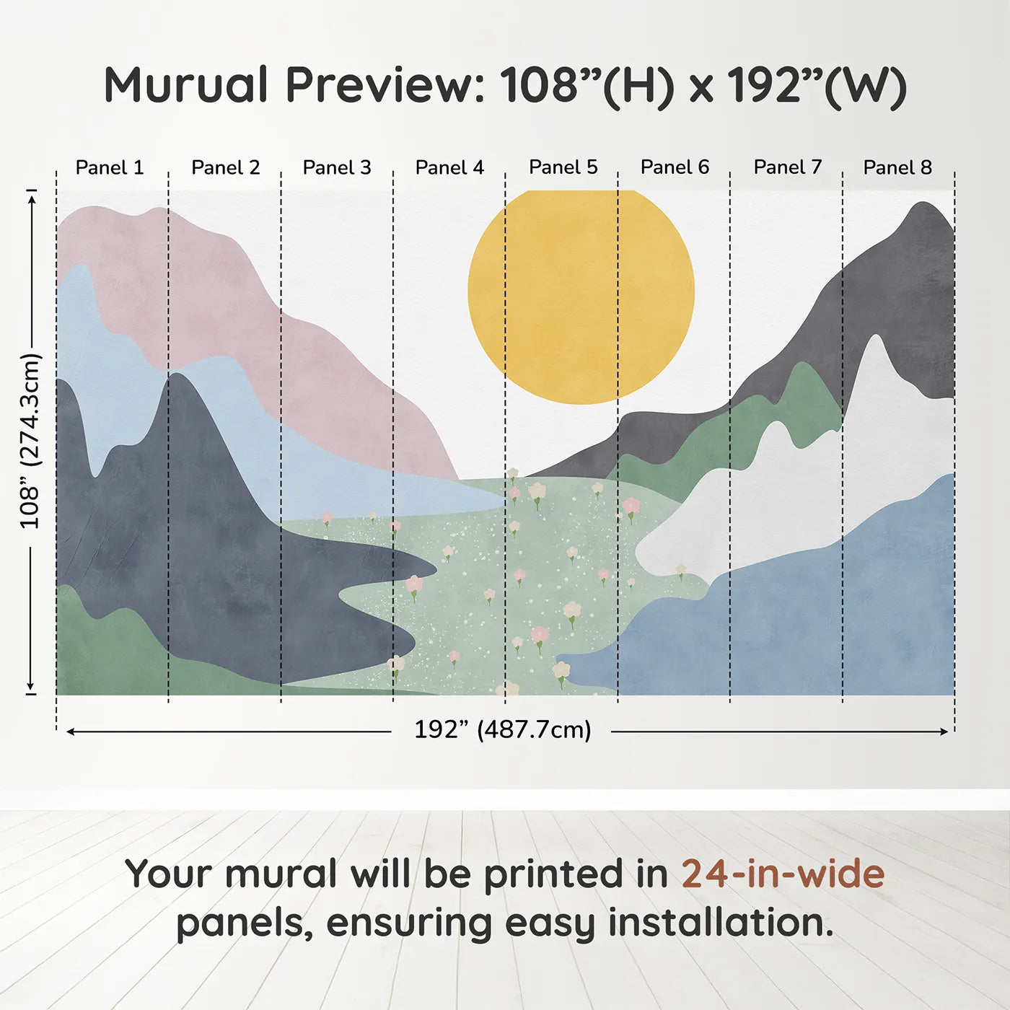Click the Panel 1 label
point(109,167)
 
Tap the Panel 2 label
point(225,167)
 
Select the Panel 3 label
point(336,167)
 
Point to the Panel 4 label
point(449,167)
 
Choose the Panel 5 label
point(563,167)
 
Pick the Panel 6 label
point(675,167)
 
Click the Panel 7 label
point(787,167)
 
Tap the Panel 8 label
point(897,167)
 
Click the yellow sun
point(581,297)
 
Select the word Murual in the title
point(186,84)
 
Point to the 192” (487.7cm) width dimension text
point(502,729)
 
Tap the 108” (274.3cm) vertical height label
point(30,441)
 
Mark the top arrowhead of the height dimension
point(32,200)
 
